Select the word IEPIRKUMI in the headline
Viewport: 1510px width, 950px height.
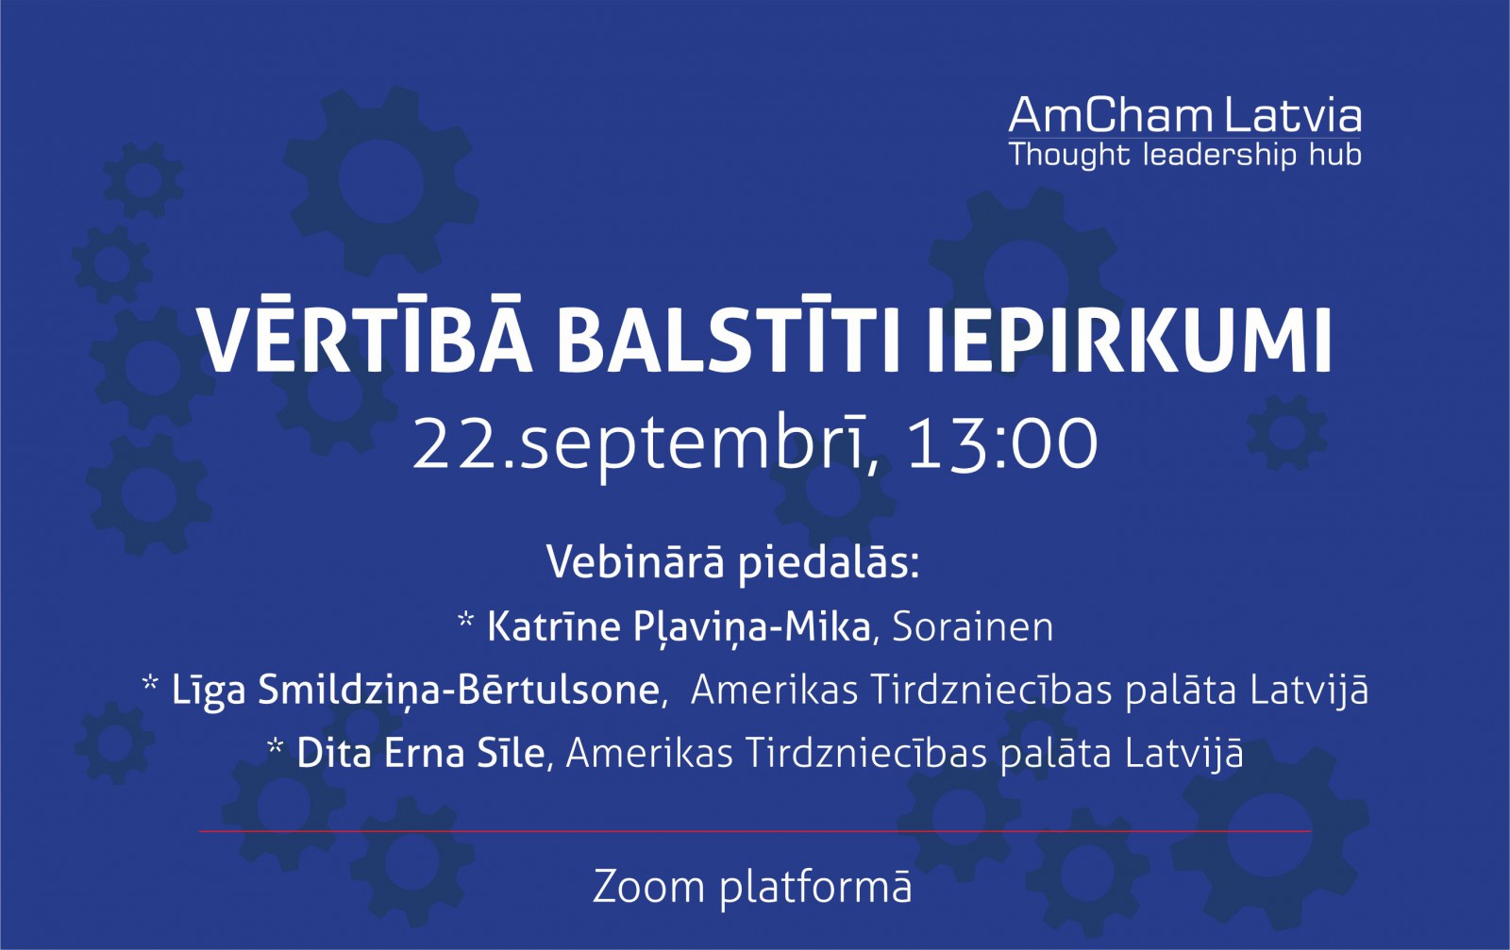pos(1130,341)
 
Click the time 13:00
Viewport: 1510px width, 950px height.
pos(1003,443)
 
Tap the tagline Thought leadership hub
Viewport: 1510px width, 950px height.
pos(1185,155)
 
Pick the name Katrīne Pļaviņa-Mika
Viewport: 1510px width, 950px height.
pos(679,628)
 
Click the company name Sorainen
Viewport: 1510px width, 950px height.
pos(973,627)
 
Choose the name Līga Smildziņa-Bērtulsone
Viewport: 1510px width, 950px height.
pos(415,692)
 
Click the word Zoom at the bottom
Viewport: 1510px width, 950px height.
pos(648,887)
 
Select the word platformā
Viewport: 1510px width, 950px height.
pos(815,888)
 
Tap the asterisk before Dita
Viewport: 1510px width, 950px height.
pos(275,746)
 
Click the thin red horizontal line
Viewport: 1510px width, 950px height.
pos(755,831)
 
